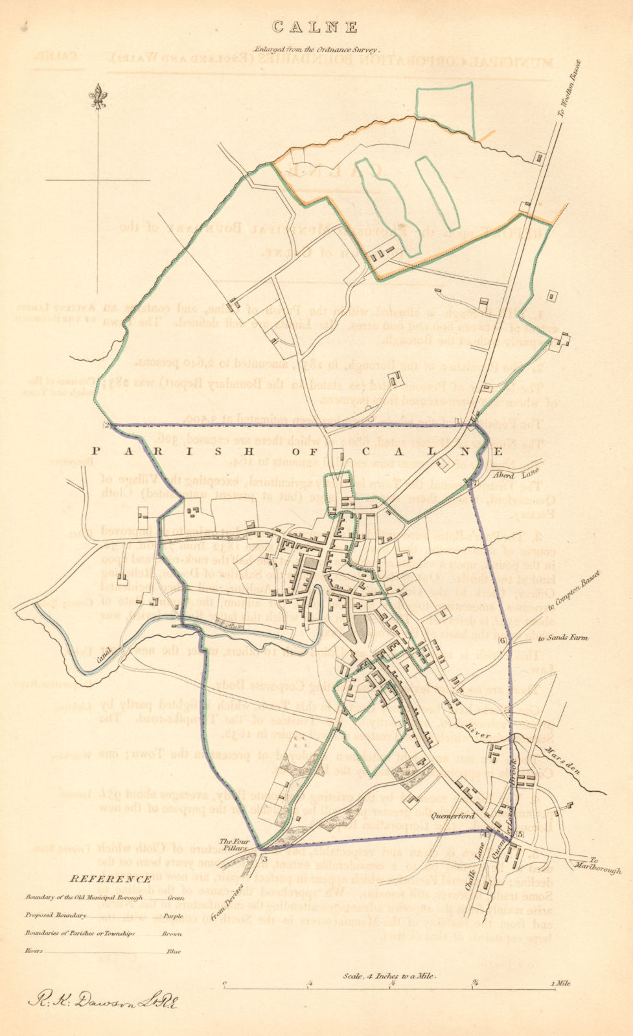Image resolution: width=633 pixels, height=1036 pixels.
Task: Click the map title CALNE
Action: click(x=315, y=27)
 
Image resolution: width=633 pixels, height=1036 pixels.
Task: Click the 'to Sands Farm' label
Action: click(x=562, y=638)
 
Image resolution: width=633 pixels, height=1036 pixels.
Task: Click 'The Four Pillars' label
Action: click(x=245, y=837)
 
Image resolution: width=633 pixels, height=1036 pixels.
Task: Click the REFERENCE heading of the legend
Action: click(x=110, y=879)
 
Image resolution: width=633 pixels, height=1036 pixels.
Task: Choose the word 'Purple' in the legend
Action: click(x=174, y=916)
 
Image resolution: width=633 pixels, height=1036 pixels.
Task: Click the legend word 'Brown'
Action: click(x=174, y=934)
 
